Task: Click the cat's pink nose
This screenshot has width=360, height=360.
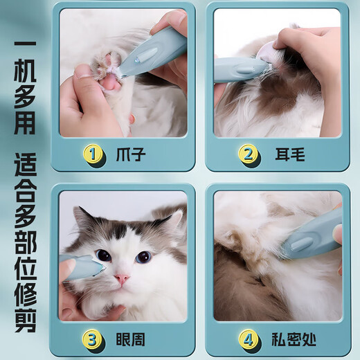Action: (x=122, y=278)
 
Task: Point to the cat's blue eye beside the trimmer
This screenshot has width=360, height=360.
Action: (x=103, y=255)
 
